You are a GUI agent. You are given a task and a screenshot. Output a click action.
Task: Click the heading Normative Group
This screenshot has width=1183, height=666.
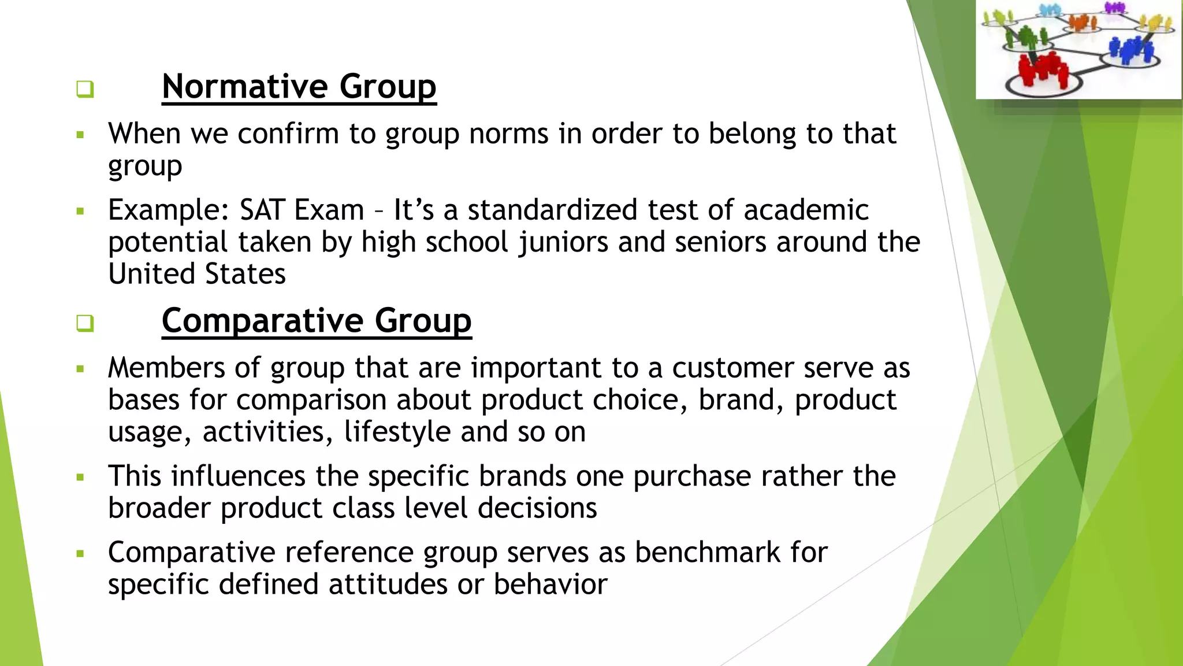tap(299, 87)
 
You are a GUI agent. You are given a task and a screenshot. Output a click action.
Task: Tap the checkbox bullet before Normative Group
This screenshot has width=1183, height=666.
tap(85, 89)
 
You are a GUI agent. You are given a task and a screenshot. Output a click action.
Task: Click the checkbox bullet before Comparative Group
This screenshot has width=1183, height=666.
tap(85, 323)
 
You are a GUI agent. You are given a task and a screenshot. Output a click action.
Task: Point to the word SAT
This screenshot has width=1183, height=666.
tap(262, 210)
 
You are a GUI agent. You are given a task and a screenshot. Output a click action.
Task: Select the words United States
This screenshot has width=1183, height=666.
tap(196, 274)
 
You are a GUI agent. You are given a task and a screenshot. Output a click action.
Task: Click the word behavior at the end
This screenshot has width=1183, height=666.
tap(550, 584)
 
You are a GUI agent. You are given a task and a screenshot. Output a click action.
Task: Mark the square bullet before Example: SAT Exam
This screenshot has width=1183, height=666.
tap(80, 211)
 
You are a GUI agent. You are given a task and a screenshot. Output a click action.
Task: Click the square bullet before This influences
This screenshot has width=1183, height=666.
tap(80, 478)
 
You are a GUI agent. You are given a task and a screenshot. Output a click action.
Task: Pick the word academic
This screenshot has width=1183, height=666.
tap(806, 210)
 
